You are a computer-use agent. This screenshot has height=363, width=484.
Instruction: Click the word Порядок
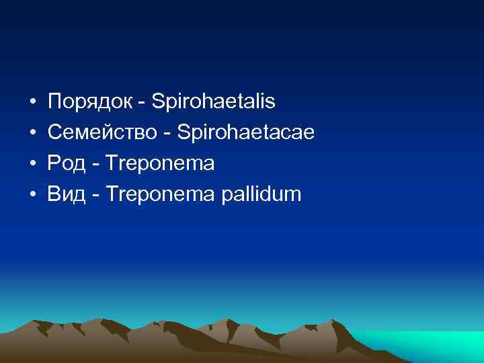91,102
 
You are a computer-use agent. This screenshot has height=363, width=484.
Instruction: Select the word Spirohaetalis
214,102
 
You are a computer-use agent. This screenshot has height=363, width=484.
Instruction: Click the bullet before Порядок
32,103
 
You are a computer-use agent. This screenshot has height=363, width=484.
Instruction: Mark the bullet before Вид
32,196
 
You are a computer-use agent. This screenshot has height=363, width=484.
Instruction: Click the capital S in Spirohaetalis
158,102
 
